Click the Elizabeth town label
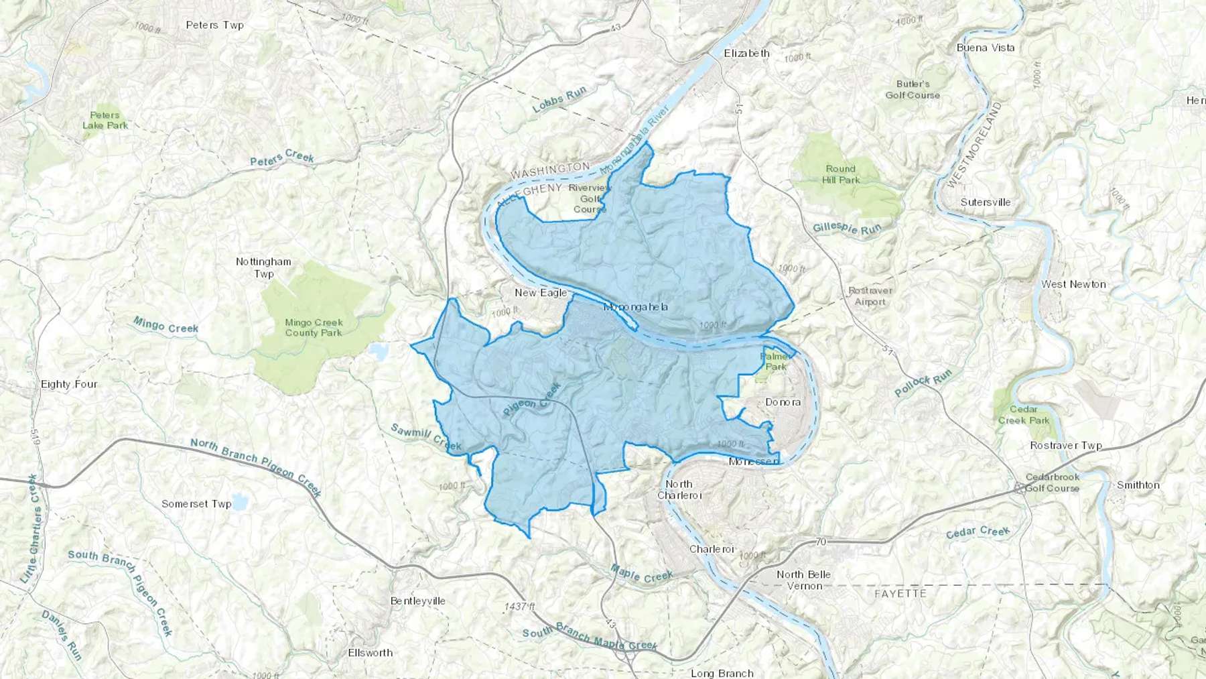click(x=746, y=53)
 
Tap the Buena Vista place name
click(x=985, y=48)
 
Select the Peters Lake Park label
click(x=105, y=120)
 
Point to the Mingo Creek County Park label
click(x=314, y=328)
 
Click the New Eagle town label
click(x=540, y=292)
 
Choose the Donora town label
click(x=783, y=402)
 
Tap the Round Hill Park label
click(x=840, y=174)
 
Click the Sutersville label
click(x=985, y=202)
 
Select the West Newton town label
click(x=1073, y=284)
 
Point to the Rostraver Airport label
click(x=870, y=296)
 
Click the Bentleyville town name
click(x=417, y=601)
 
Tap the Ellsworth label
click(x=370, y=652)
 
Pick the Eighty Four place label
click(x=69, y=384)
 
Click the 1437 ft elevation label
click(x=520, y=607)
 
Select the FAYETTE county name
click(x=900, y=594)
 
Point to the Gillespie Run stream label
click(x=847, y=229)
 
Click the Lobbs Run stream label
click(x=559, y=99)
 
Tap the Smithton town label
click(x=1138, y=485)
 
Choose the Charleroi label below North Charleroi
click(x=712, y=549)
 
